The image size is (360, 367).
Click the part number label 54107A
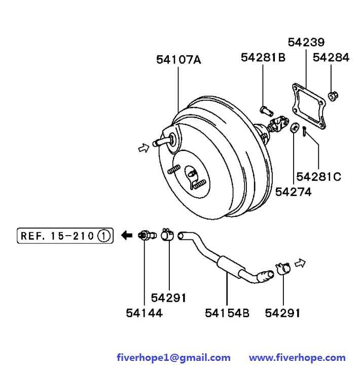[x=178, y=59]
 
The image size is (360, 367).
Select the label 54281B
[x=263, y=57]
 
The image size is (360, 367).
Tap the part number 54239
[x=306, y=43]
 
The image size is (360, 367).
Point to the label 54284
[x=331, y=57]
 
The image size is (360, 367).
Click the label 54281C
[x=318, y=177]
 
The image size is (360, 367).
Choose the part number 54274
[x=293, y=192]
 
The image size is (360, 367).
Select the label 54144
[x=144, y=313]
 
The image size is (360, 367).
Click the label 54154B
[x=227, y=313]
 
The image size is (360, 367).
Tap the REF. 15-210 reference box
[x=65, y=236]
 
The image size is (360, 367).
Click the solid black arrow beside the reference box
[x=127, y=235]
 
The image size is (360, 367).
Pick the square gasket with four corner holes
[x=309, y=106]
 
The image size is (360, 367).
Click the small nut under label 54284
[x=333, y=96]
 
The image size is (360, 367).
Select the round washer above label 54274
[x=295, y=128]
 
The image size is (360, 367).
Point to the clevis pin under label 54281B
[x=267, y=111]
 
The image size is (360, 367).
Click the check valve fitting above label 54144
[x=147, y=235]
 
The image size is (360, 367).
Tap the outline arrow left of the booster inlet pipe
[x=143, y=148]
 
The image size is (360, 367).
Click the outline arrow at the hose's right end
[x=300, y=263]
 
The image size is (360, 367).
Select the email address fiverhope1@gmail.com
[x=173, y=357]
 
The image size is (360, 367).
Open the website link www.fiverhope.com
[x=297, y=357]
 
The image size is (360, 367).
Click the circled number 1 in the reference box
[x=104, y=236]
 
